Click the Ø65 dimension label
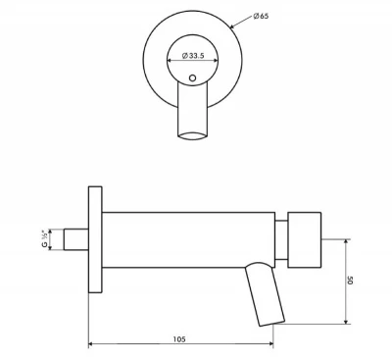tap(261, 17)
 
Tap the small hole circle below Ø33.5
tap(192, 76)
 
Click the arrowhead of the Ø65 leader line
tap(231, 29)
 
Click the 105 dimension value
tap(179, 338)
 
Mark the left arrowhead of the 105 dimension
tap(92, 344)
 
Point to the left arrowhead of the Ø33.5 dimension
tap(171, 60)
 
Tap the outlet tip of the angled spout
tap(269, 323)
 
